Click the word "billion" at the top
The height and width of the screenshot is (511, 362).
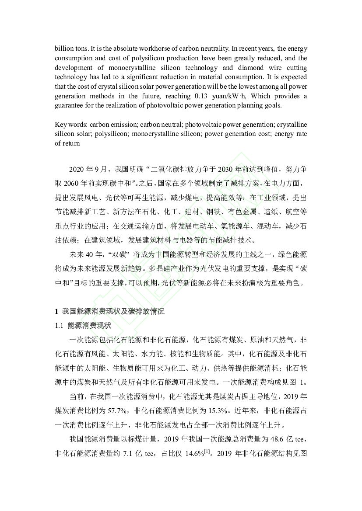point(63,48)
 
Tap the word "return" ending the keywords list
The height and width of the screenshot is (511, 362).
point(64,143)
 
